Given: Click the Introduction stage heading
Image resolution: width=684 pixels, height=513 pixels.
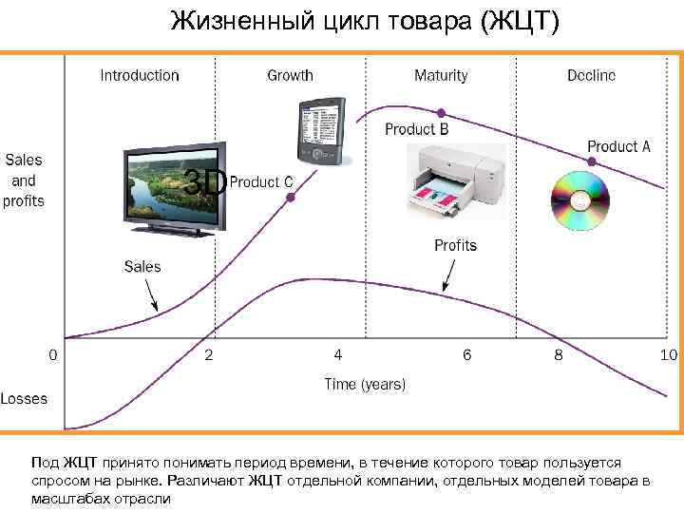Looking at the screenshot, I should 140,75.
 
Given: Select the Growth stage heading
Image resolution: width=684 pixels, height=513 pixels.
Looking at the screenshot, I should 291,75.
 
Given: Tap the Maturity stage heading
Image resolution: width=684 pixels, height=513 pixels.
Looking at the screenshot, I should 441,75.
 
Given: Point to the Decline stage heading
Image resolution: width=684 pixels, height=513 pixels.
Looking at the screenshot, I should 591,75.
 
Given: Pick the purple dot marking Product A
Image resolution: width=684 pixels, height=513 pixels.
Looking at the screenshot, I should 592,162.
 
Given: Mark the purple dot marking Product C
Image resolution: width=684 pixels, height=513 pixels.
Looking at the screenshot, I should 291,198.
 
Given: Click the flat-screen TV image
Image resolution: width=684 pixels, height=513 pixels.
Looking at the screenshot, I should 177,189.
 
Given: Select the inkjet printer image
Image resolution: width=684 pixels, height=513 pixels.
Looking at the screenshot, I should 453,180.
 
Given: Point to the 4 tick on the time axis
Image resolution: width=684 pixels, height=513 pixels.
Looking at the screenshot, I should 338,354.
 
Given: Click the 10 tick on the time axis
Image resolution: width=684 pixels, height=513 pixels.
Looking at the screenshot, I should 667,354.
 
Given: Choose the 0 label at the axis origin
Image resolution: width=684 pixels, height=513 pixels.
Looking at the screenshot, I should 52,354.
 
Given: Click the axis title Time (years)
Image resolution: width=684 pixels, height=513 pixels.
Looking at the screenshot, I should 365,385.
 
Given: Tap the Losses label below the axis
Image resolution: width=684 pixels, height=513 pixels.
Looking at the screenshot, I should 24,399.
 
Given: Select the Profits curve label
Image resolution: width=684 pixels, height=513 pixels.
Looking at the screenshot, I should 455,245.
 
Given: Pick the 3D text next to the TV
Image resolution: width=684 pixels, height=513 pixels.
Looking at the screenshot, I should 204,180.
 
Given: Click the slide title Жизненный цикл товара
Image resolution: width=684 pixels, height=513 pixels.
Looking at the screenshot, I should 365,21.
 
